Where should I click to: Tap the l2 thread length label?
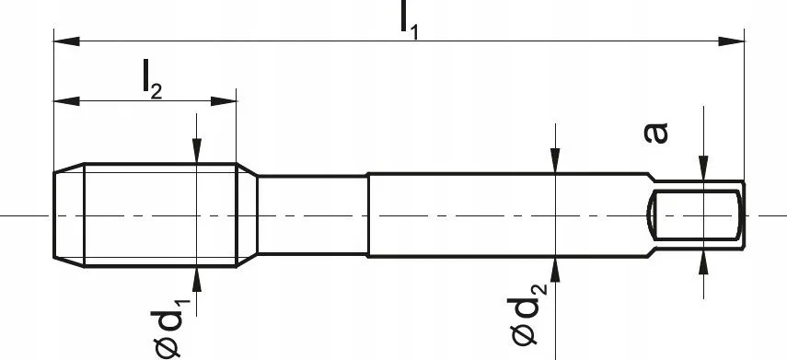152,79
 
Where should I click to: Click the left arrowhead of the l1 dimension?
66,41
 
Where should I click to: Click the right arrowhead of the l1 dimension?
731,41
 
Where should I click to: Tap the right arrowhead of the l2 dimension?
224,101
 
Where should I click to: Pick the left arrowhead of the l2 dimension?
66,101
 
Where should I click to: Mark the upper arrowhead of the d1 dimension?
197,151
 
